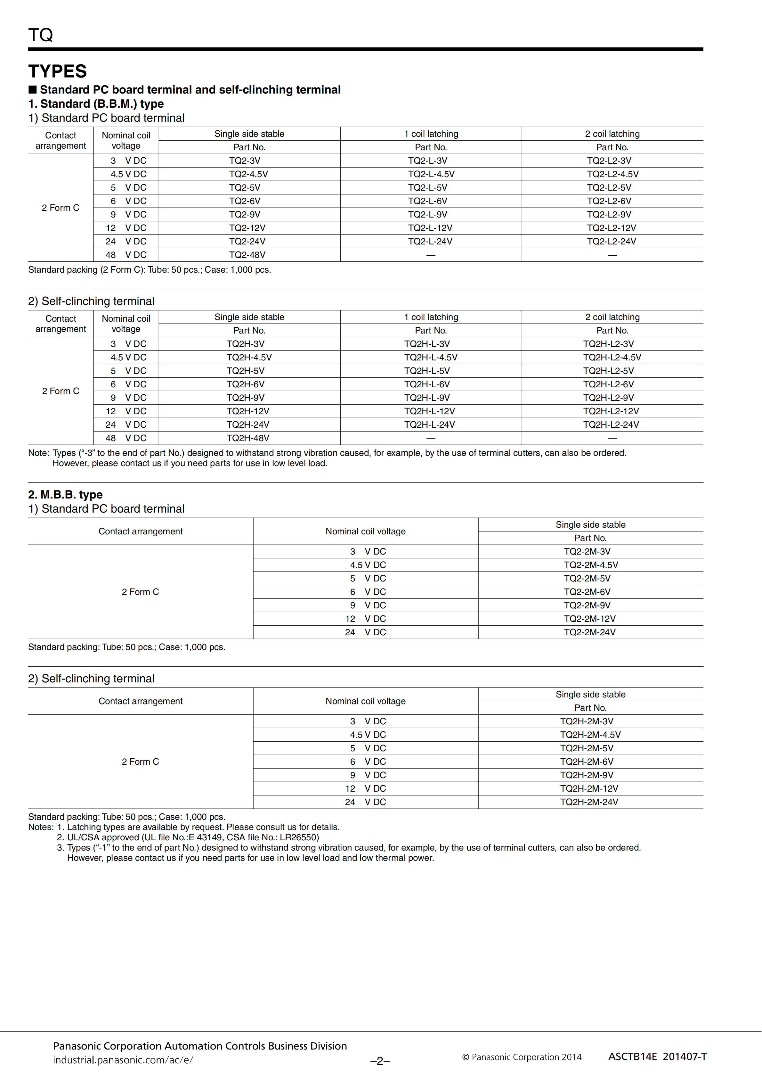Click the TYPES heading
(x=57, y=71)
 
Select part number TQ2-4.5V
(x=248, y=174)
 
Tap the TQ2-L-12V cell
(x=430, y=228)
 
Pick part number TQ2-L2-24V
(x=611, y=242)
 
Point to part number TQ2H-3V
(x=245, y=344)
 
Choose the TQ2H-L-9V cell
(x=427, y=398)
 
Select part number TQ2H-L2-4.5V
(x=612, y=358)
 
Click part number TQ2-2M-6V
(x=587, y=592)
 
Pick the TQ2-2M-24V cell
(x=589, y=632)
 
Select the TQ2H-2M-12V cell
(x=589, y=788)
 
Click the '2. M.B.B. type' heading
(x=65, y=495)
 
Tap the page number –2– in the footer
(x=380, y=1061)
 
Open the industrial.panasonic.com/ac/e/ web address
(x=123, y=1060)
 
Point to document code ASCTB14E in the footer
(x=632, y=1057)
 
